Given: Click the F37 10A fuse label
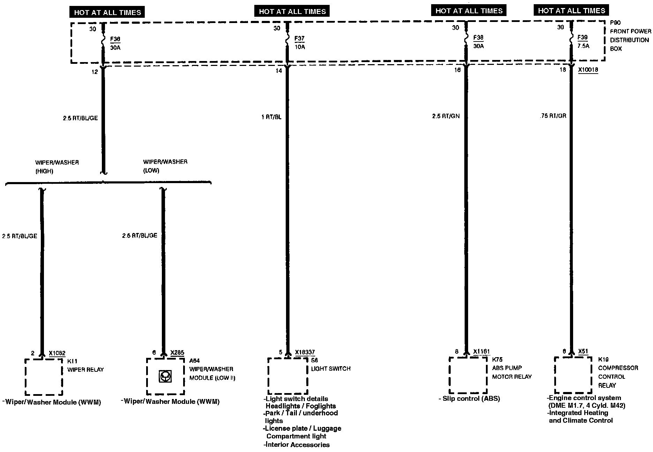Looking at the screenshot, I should (x=300, y=42).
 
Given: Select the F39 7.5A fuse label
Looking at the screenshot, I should (x=583, y=42).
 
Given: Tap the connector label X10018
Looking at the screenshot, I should (x=588, y=70).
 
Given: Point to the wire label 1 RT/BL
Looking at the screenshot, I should (x=271, y=117).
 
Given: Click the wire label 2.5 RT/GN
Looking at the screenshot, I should (x=445, y=116).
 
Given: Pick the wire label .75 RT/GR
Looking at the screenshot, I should (x=552, y=115).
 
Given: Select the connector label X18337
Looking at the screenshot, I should (x=305, y=353).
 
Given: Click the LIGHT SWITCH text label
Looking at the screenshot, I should (x=331, y=369).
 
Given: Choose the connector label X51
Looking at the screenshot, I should (x=583, y=352).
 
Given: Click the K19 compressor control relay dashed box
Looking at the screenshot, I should (x=573, y=375).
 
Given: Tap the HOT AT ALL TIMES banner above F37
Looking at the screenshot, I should (x=292, y=12).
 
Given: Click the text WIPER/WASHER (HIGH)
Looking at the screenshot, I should (x=57, y=167).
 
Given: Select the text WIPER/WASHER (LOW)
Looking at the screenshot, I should (x=165, y=166).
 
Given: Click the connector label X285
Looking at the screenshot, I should (x=177, y=353).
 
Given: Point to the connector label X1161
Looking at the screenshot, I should (x=481, y=352).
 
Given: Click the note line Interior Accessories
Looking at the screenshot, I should (x=297, y=445).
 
